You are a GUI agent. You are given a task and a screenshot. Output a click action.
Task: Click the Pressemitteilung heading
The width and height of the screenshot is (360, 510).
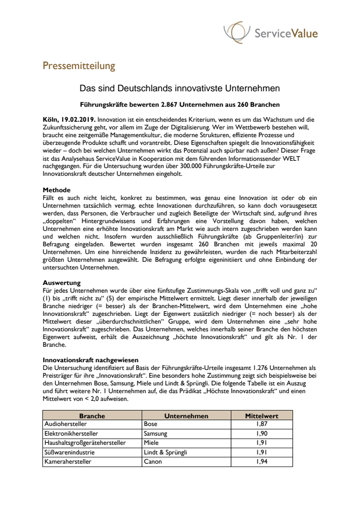pyautogui.click(x=79, y=65)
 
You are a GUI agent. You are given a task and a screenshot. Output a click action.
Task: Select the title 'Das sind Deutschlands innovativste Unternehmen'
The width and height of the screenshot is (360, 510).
pyautogui.click(x=180, y=89)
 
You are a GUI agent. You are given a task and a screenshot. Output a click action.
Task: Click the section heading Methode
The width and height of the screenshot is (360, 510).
pyautogui.click(x=57, y=190)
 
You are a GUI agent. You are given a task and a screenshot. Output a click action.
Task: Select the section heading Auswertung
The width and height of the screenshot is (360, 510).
pyautogui.click(x=62, y=282)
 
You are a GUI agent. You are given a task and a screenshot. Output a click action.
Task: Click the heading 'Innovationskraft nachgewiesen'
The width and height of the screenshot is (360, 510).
pyautogui.click(x=91, y=360)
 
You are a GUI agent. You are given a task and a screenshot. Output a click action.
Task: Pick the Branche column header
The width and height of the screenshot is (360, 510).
pyautogui.click(x=92, y=416)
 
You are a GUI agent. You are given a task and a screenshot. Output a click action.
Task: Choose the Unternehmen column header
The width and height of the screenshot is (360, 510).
pyautogui.click(x=186, y=416)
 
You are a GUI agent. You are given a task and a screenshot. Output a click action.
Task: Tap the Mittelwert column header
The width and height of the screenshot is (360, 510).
pyautogui.click(x=262, y=416)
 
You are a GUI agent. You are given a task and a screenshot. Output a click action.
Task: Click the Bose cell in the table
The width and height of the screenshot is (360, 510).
pyautogui.click(x=151, y=425)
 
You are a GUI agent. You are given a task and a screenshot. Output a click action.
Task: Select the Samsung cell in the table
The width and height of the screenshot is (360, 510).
pyautogui.click(x=155, y=434)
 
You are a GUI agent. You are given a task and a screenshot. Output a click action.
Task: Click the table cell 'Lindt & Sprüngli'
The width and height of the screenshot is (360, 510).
pyautogui.click(x=165, y=453)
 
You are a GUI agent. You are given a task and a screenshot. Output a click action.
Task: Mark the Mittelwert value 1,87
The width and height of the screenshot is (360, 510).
pyautogui.click(x=262, y=425)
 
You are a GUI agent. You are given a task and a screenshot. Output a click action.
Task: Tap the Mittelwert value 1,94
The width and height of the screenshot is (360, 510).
pyautogui.click(x=262, y=462)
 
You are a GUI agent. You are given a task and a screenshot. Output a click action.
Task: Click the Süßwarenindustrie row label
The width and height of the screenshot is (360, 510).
pyautogui.click(x=69, y=453)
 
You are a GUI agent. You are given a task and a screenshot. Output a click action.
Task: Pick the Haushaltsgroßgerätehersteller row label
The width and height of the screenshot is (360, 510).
pyautogui.click(x=84, y=443)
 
